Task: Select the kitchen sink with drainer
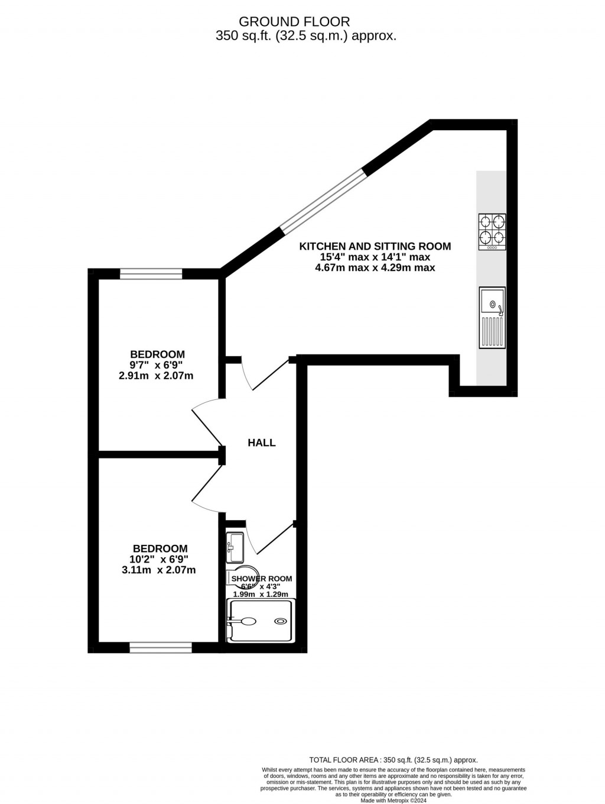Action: pyautogui.click(x=492, y=318)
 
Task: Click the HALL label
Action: pyautogui.click(x=262, y=443)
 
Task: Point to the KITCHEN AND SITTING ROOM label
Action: pyautogui.click(x=375, y=246)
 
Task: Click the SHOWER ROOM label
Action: pyautogui.click(x=262, y=579)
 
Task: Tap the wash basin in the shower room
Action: pyautogui.click(x=235, y=547)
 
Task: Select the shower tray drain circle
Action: pyautogui.click(x=280, y=621)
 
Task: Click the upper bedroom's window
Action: pyautogui.click(x=151, y=273)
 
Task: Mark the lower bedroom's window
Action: pyautogui.click(x=161, y=648)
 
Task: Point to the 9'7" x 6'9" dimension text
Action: pyautogui.click(x=157, y=365)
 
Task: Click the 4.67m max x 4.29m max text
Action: pyautogui.click(x=375, y=267)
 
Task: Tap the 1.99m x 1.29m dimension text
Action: pyautogui.click(x=261, y=595)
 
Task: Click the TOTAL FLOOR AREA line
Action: pyautogui.click(x=393, y=760)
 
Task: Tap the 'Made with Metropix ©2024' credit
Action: pyautogui.click(x=393, y=801)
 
